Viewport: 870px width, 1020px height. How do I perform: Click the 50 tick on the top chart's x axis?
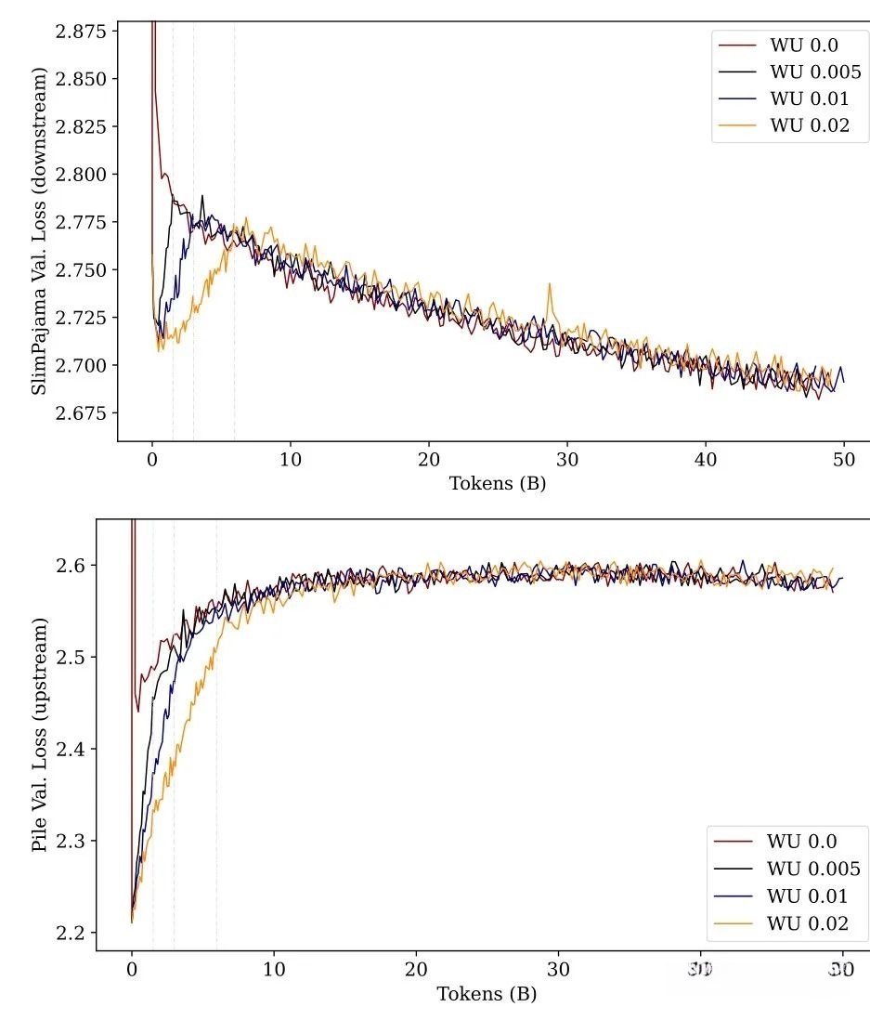pos(844,458)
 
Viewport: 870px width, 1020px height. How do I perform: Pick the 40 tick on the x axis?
pos(706,458)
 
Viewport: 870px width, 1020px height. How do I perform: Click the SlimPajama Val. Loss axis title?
pos(40,230)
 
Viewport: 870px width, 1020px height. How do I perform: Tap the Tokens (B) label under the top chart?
pos(498,483)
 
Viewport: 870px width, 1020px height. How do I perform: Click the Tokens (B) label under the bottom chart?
pos(487,994)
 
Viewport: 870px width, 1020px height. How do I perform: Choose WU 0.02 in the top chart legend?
pos(809,125)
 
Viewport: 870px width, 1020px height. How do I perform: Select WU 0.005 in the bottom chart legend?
pos(813,869)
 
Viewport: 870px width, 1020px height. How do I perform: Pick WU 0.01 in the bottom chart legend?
pos(807,896)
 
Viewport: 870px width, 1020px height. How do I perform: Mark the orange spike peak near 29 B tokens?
pos(550,284)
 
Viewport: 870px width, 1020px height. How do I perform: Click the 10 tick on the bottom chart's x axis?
pos(274,967)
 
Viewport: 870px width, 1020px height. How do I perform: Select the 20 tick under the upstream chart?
pos(416,967)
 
